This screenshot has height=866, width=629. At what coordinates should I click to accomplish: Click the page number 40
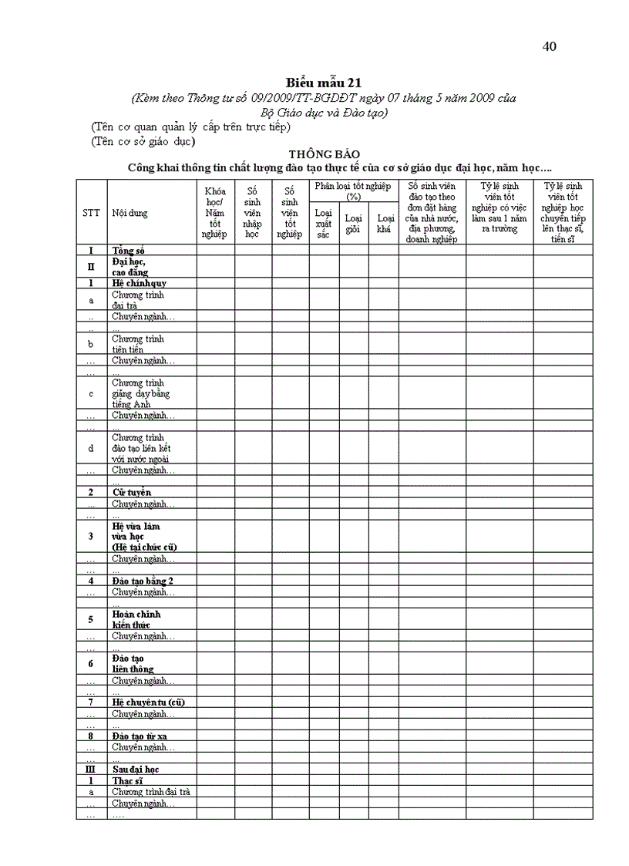coord(550,46)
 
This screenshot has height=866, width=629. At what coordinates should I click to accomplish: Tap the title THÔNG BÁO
coord(324,154)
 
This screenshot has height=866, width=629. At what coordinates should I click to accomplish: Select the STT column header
coord(91,213)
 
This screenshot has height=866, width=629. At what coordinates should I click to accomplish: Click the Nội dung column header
coord(129,213)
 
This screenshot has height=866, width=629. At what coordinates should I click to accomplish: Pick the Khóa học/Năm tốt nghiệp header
coord(215,213)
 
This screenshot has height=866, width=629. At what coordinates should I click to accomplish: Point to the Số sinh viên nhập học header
coord(252,213)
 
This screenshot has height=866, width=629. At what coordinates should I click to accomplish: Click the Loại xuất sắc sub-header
coord(324,224)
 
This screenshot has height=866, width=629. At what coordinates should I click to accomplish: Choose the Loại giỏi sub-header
coord(353,224)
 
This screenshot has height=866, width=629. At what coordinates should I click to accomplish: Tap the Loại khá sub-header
coord(384,224)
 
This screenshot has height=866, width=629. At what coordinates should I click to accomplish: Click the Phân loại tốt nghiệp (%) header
coord(353,191)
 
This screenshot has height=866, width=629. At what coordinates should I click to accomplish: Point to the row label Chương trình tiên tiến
coord(138,344)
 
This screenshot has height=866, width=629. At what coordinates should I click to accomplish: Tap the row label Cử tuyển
coord(131,492)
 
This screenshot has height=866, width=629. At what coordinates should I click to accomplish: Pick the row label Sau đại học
coord(136,770)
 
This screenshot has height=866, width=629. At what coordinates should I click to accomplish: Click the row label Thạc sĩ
coord(127,780)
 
